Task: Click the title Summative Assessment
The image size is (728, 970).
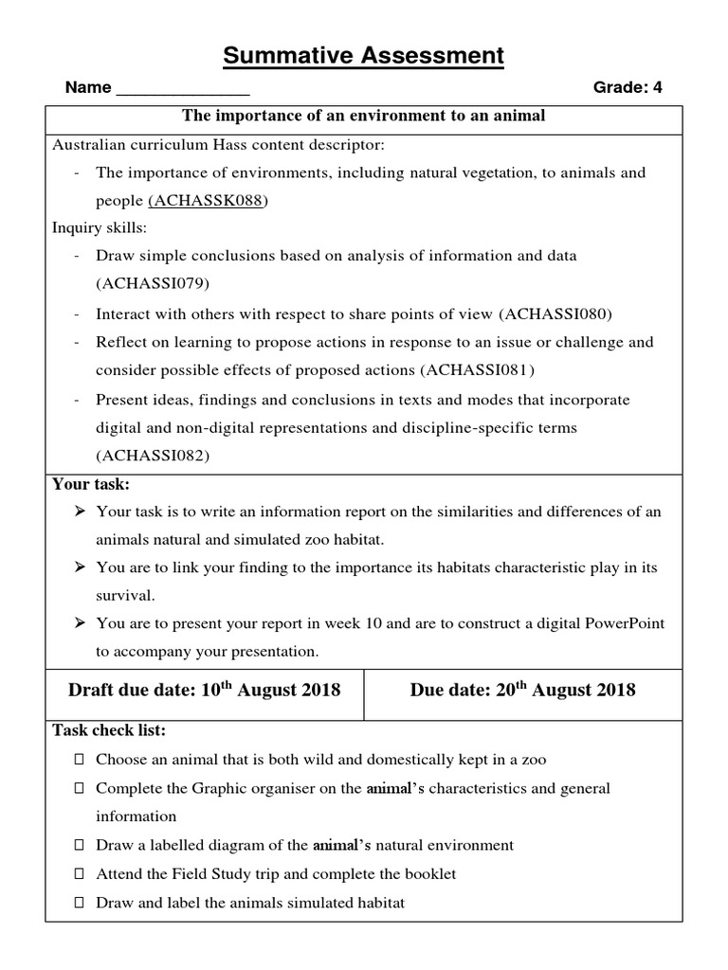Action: [x=364, y=56]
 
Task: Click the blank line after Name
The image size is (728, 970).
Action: [x=182, y=90]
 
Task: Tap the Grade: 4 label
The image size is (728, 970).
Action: [x=628, y=88]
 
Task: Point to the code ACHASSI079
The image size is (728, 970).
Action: [x=153, y=283]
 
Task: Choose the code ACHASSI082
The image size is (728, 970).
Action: [x=153, y=455]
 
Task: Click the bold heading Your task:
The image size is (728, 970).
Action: [x=91, y=484]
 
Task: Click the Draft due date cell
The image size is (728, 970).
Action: [x=204, y=690]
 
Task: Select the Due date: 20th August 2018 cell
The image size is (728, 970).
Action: [x=522, y=690]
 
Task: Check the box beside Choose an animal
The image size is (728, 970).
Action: [x=79, y=760]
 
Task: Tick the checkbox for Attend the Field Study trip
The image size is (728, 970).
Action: [x=79, y=873]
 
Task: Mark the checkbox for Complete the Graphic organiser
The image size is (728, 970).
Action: [x=79, y=788]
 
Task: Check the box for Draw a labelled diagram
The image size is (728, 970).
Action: [x=79, y=845]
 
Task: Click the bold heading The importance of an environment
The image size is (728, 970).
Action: [x=364, y=117]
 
